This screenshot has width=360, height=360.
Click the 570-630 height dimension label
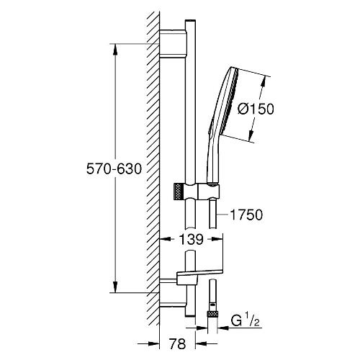(114, 168)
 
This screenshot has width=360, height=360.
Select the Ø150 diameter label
(256, 109)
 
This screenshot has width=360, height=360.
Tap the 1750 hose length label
(246, 215)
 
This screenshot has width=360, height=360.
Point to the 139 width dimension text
(192, 239)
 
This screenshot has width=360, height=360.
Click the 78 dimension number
(177, 343)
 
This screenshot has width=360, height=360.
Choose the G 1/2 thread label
(245, 321)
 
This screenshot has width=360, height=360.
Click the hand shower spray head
(228, 101)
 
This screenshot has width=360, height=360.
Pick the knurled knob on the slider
(179, 191)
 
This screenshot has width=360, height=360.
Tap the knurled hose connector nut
(212, 314)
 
